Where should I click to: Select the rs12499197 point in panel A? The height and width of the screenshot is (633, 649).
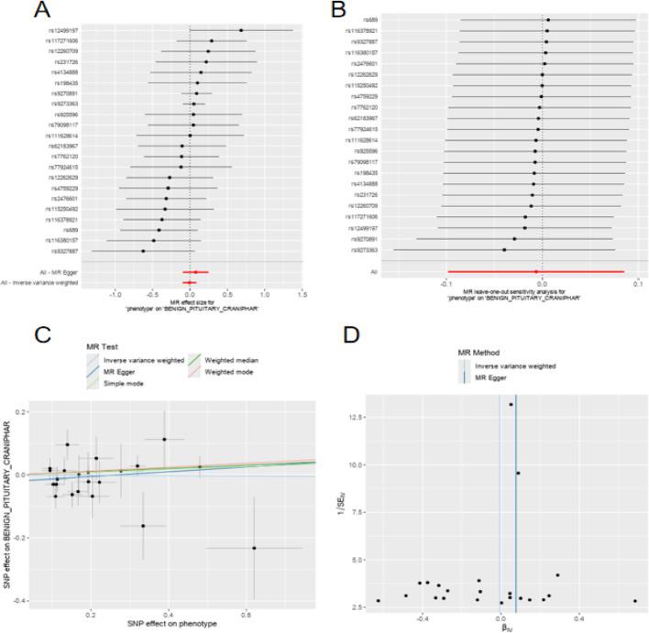pyautogui.click(x=241, y=30)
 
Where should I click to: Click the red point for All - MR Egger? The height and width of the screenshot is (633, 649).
pyautogui.click(x=195, y=272)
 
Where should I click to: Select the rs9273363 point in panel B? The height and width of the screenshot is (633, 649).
pyautogui.click(x=504, y=249)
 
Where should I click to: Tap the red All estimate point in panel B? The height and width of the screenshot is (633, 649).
pyautogui.click(x=536, y=271)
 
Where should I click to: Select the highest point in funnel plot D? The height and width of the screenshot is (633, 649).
pyautogui.click(x=511, y=404)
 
